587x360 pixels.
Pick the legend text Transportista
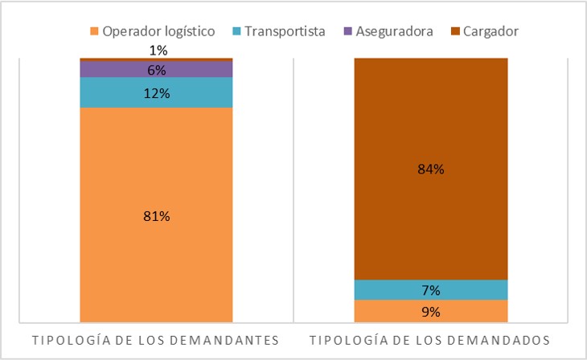pos(285,32)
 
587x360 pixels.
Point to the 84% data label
pos(431,170)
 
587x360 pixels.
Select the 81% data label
pos(157,216)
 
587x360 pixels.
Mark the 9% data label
pos(431,312)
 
